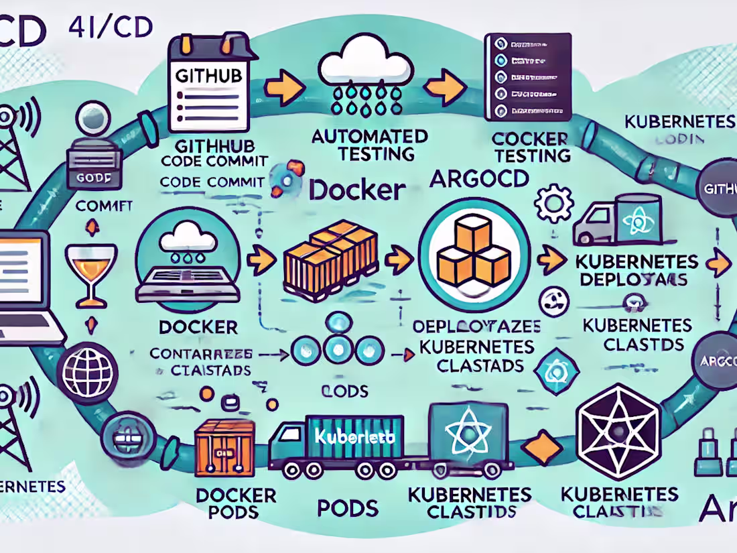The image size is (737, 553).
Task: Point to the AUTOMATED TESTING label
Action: (370, 144)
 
